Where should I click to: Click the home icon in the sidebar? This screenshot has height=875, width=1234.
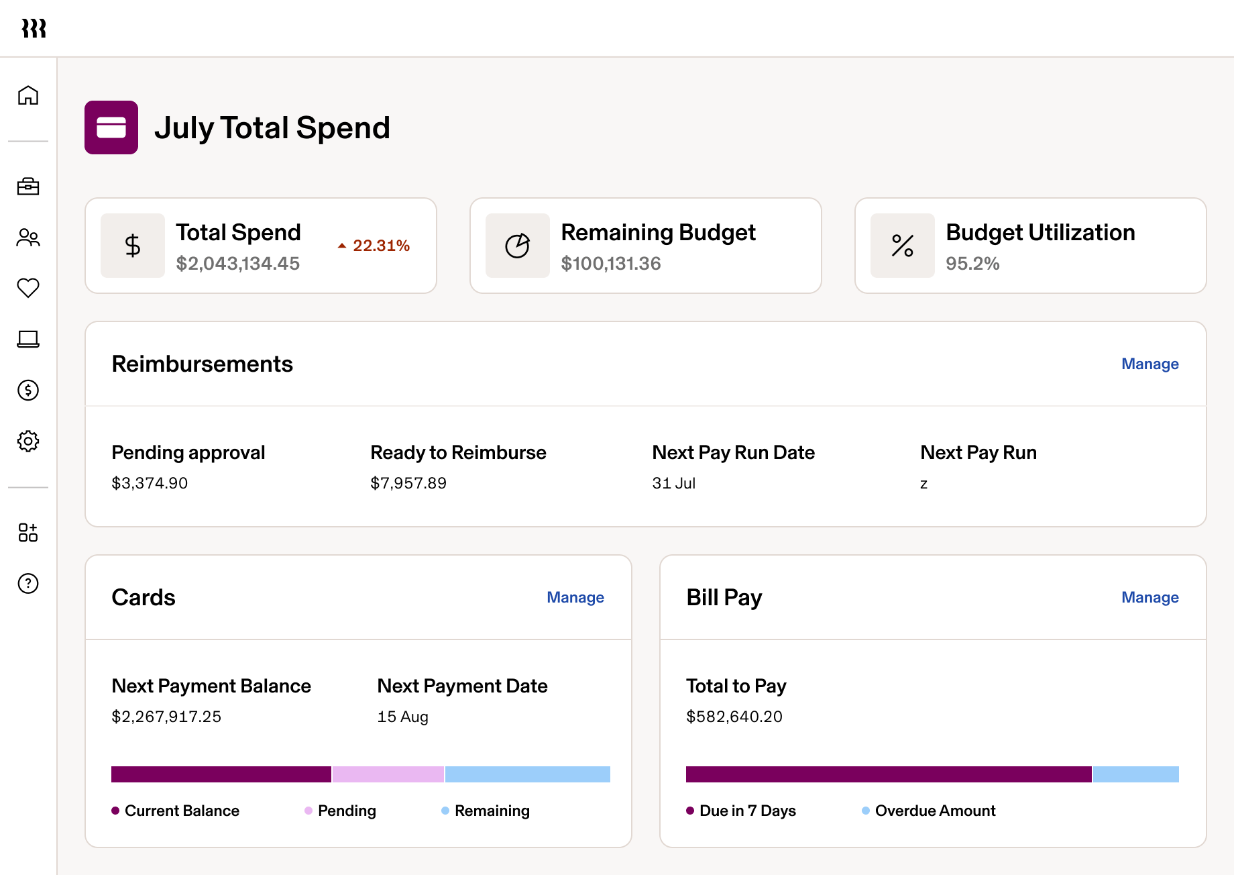point(28,95)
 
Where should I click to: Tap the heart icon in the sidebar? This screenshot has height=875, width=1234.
point(28,288)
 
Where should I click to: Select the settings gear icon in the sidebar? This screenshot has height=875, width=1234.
point(28,441)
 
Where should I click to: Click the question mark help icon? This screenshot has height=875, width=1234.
point(28,583)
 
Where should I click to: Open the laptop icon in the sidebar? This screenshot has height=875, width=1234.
point(28,340)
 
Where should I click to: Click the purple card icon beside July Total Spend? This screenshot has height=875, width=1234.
point(111,127)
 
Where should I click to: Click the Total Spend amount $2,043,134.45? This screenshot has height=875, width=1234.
point(237,264)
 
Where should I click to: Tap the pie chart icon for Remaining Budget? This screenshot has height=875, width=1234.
point(517,246)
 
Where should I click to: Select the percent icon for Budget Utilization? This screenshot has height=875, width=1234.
point(902,246)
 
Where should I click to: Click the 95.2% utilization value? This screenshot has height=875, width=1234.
point(972,264)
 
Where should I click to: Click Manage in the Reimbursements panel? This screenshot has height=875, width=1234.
point(1149,364)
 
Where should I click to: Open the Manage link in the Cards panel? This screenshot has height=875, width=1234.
point(575,597)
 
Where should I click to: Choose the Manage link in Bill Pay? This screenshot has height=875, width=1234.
point(1149,597)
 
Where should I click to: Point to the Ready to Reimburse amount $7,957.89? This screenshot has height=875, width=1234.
point(408,483)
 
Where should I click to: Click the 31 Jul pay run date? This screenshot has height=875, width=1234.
point(673,483)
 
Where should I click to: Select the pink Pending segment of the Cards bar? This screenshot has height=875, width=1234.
point(388,774)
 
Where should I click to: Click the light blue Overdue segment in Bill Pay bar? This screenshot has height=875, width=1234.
point(1135,774)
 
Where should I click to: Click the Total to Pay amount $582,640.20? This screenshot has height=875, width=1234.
point(734,717)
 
